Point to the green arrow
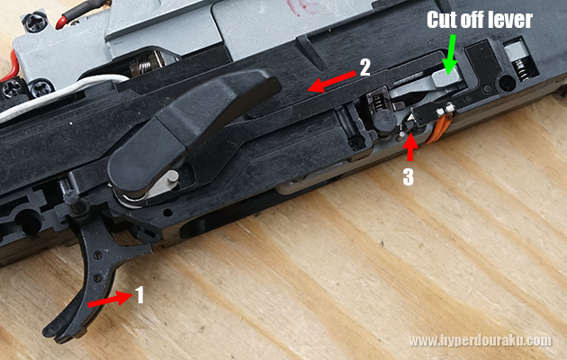click(x=450, y=54)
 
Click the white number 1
click(x=139, y=294)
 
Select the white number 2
click(x=364, y=67)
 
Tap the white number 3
click(x=409, y=176)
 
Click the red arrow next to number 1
click(x=110, y=299)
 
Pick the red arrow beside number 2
click(x=331, y=82)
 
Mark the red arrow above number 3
click(x=410, y=147)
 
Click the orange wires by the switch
click(x=438, y=127)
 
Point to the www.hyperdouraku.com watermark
click(x=480, y=341)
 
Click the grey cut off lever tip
click(x=446, y=77)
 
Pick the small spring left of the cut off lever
click(x=377, y=102)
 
